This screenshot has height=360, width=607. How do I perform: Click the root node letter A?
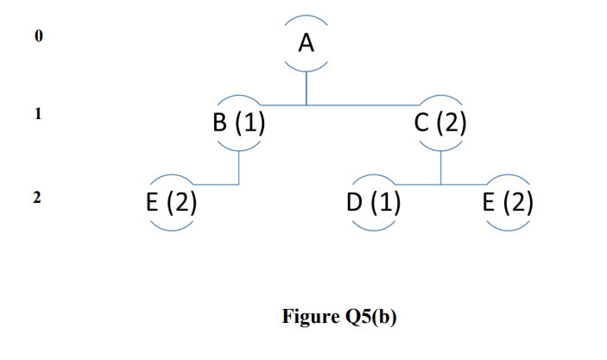coord(307,43)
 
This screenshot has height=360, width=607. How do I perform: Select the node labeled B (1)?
coord(238,123)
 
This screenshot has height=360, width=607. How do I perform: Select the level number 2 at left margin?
coord(37,198)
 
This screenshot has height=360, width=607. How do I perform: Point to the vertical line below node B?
coord(238,166)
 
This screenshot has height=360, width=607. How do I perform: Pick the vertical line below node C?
coord(440,166)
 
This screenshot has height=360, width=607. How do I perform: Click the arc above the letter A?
coord(307,19)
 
